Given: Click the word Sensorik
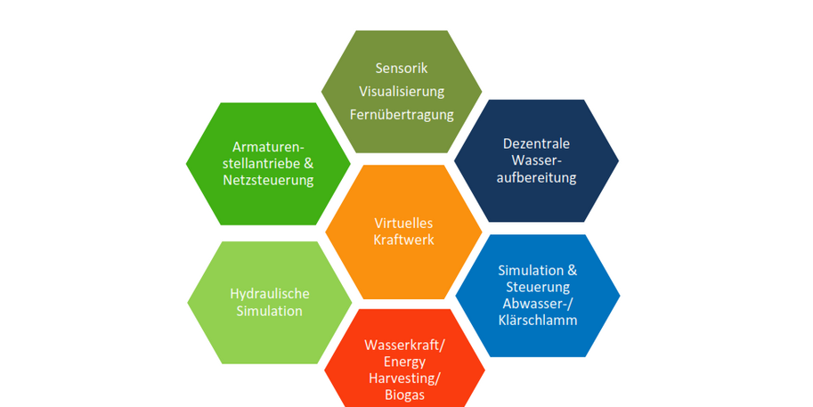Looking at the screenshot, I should (x=402, y=68).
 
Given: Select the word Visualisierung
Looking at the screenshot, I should (x=402, y=91).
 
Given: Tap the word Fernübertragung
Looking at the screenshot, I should (x=402, y=114).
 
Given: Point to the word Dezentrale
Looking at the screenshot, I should (x=536, y=143).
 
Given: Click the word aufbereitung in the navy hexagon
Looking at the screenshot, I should (x=537, y=177).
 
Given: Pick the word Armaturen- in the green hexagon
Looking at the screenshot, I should (x=268, y=146).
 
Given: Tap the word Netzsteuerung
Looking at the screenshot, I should (x=268, y=180).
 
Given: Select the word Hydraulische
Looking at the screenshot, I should (x=266, y=293).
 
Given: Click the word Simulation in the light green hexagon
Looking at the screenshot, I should (x=266, y=311).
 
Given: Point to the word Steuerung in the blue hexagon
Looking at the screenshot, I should (x=537, y=287).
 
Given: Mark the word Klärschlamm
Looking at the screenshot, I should (x=537, y=320).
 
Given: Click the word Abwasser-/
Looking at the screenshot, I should (x=537, y=304).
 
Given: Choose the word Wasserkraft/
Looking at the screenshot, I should (x=405, y=345).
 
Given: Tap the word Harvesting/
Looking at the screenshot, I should (x=405, y=379).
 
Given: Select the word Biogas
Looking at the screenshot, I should (x=405, y=395).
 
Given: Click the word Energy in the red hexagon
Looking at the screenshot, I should (x=405, y=362).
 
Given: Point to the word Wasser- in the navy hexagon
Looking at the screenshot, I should (x=536, y=160).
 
